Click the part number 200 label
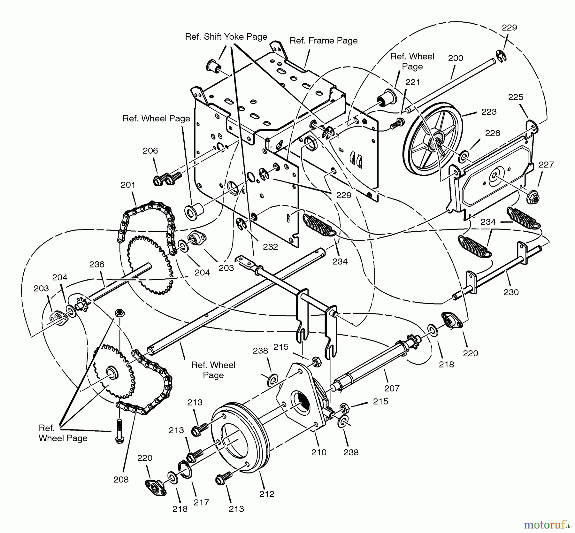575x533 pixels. tap(456, 58)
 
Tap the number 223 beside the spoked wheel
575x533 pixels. tap(489, 112)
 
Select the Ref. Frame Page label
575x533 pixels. tap(323, 41)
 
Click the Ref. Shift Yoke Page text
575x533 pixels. tap(226, 37)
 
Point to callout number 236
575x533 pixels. tap(97, 264)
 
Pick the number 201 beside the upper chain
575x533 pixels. tap(128, 185)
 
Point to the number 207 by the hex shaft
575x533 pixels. tap(392, 388)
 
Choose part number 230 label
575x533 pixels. tap(511, 292)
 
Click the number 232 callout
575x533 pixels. tap(270, 247)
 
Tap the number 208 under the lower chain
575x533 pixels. tap(121, 479)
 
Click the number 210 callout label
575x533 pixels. tap(319, 452)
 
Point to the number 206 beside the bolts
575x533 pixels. tap(150, 151)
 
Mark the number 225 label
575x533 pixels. tap(516, 97)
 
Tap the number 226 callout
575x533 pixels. tap(492, 133)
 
